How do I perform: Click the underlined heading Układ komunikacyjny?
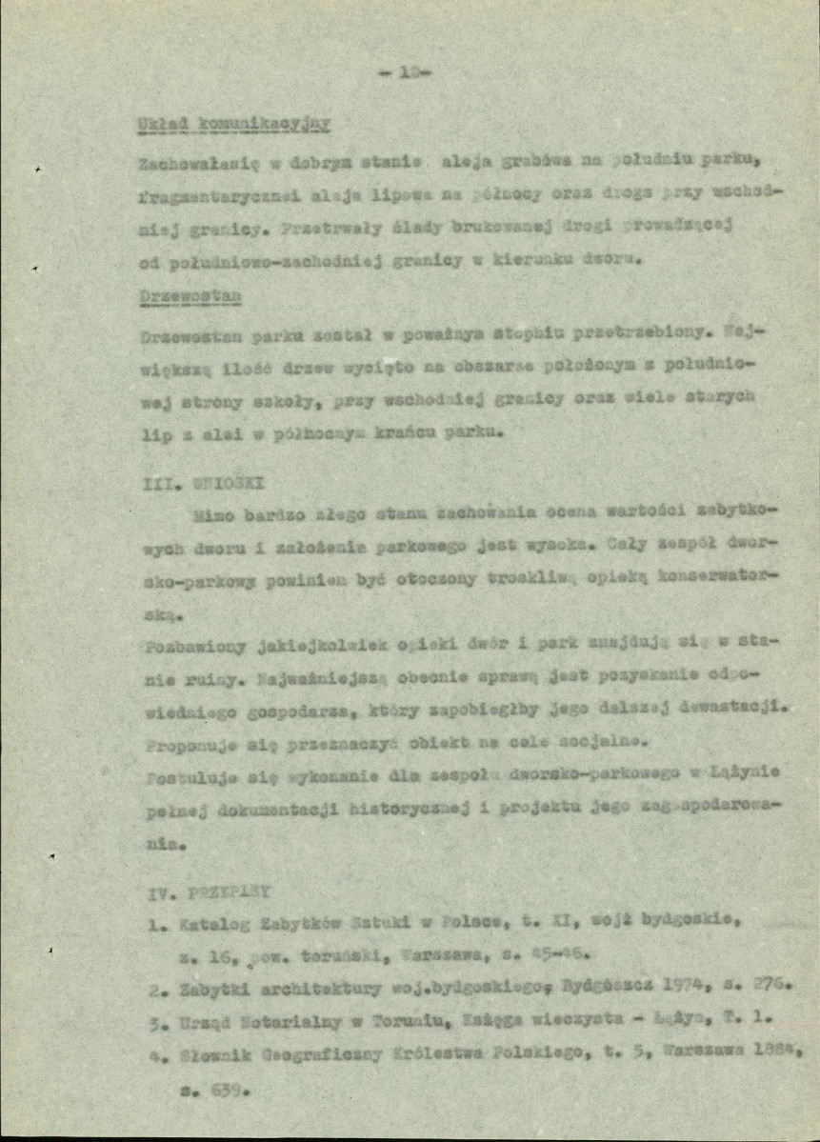233,124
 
